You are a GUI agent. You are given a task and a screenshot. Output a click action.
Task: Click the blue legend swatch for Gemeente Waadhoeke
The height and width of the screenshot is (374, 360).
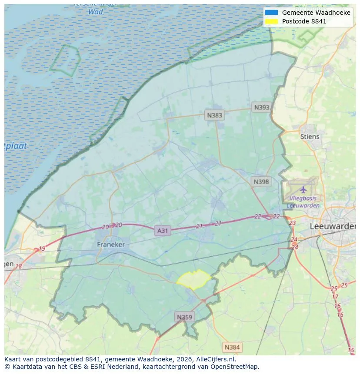271,13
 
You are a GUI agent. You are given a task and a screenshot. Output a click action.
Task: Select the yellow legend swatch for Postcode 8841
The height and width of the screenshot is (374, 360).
271,21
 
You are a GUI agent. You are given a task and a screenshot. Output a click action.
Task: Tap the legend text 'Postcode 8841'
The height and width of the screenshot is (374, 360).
304,21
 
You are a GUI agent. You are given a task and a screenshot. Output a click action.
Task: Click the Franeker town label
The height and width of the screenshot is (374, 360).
110,245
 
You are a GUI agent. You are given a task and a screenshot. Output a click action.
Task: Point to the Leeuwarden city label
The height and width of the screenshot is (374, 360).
333,226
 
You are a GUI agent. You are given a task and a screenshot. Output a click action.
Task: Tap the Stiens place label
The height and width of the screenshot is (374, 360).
310,136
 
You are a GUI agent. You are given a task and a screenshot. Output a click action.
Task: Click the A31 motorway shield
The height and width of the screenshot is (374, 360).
162,231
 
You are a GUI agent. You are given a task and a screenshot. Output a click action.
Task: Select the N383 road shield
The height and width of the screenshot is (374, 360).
214,115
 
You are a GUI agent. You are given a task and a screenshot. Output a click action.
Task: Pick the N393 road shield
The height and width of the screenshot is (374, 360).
262,107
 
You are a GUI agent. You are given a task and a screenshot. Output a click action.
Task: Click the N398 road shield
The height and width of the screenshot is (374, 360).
261,182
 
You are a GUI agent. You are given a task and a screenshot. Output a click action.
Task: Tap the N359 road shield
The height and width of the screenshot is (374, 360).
184,317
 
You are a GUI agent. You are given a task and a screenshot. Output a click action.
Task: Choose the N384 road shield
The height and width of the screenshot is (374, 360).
232,347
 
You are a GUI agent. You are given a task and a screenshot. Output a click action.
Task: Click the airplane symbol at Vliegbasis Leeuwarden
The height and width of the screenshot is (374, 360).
303,190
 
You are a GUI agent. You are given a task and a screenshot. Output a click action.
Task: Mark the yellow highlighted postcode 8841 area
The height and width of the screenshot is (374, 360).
194,279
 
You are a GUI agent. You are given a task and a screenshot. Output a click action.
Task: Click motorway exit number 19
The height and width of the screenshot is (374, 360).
42,249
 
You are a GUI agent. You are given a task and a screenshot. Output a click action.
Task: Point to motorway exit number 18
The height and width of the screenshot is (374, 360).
18,266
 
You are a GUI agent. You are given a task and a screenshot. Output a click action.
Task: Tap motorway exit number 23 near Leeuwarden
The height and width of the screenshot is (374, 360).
292,223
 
